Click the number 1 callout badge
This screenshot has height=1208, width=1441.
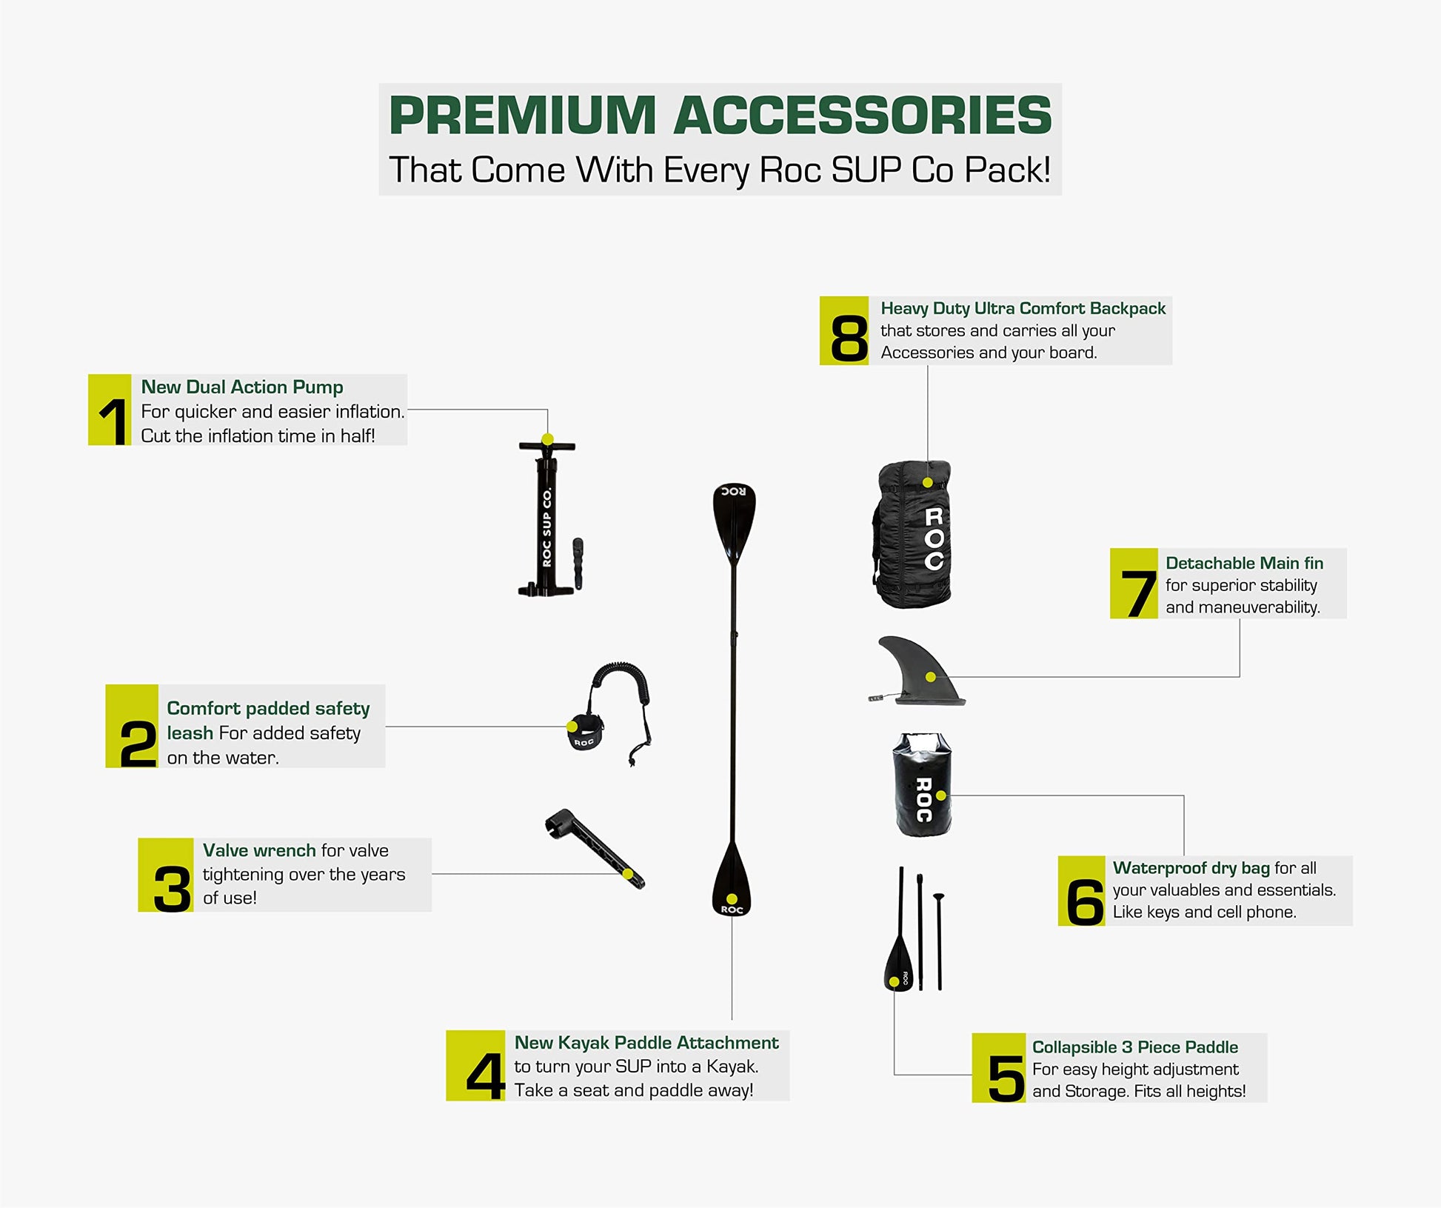point(110,410)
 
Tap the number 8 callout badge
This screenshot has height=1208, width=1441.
point(844,330)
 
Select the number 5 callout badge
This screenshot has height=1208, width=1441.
point(999,1068)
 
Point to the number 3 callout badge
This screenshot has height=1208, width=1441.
point(166,875)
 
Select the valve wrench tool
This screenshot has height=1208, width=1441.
point(595,847)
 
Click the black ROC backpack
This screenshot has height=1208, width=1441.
point(912,534)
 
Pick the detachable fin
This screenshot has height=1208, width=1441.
point(918,671)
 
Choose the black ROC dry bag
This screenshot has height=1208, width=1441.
point(922,785)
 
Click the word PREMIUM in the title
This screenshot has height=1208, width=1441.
point(523,116)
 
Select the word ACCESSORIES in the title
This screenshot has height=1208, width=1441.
point(863,116)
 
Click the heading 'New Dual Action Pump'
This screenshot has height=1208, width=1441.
point(242,387)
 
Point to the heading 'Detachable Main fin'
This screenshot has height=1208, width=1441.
point(1244,563)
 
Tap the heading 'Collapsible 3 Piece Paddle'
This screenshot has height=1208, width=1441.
point(1135,1047)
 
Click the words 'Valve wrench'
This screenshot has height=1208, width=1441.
point(259,850)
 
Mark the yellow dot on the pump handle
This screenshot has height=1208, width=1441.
point(547,439)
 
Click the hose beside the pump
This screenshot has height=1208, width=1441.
point(578,564)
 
